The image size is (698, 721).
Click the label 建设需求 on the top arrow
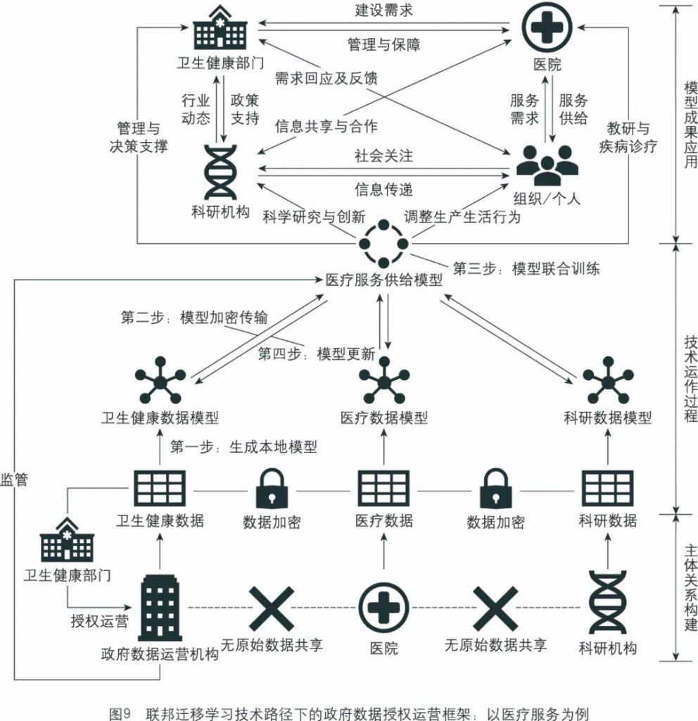coord(383,11)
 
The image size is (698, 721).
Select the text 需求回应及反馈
coord(326,78)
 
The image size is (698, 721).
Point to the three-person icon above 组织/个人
coord(547,163)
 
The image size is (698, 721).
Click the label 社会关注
coord(383,156)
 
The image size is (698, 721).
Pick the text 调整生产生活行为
coord(462,216)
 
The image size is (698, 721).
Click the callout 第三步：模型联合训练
coord(526,268)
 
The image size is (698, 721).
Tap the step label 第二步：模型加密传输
coord(194,317)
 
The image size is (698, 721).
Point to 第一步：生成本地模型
coord(243,446)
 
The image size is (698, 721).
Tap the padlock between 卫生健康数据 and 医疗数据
coord(272,487)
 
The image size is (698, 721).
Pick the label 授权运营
coord(99,622)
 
